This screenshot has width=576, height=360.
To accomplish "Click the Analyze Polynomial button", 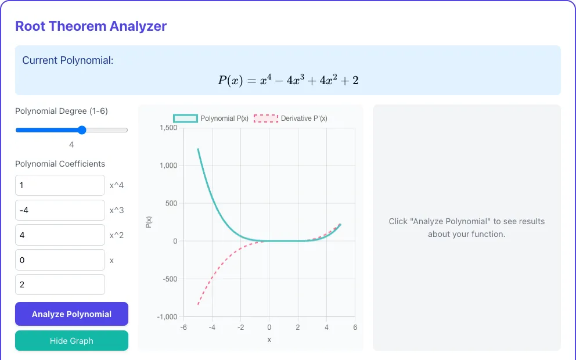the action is pyautogui.click(x=71, y=314).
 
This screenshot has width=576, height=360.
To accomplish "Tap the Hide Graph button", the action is pyautogui.click(x=71, y=340).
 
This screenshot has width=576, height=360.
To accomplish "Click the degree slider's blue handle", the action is pyautogui.click(x=82, y=130).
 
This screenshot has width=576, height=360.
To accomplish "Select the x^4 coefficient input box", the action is pyautogui.click(x=60, y=185).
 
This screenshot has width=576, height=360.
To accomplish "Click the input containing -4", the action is pyautogui.click(x=60, y=210).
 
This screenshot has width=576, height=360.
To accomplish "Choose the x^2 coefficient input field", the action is pyautogui.click(x=60, y=235).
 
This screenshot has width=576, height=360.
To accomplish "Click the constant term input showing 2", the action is pyautogui.click(x=60, y=285).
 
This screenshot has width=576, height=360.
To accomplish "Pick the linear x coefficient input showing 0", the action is pyautogui.click(x=60, y=260).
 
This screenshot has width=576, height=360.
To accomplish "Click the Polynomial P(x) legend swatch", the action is pyautogui.click(x=185, y=118).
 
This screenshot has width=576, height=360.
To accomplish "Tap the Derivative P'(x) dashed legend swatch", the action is pyautogui.click(x=266, y=118).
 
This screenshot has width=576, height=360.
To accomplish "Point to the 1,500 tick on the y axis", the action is pyautogui.click(x=168, y=128).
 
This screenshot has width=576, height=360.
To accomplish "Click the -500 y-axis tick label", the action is pyautogui.click(x=170, y=279).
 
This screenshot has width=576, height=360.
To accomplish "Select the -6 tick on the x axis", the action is pyautogui.click(x=183, y=327).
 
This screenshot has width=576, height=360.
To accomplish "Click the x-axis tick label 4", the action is pyautogui.click(x=326, y=327).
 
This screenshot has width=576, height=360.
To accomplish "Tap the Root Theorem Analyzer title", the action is pyautogui.click(x=91, y=26).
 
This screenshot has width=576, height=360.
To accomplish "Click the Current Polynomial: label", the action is pyautogui.click(x=68, y=60).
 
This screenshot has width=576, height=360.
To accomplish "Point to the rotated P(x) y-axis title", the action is pyautogui.click(x=149, y=222).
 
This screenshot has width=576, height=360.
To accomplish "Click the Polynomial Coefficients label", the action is pyautogui.click(x=60, y=164).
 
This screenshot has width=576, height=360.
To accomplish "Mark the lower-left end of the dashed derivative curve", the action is pyautogui.click(x=198, y=304).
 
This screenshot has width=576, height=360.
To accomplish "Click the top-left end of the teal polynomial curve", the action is pyautogui.click(x=198, y=149).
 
